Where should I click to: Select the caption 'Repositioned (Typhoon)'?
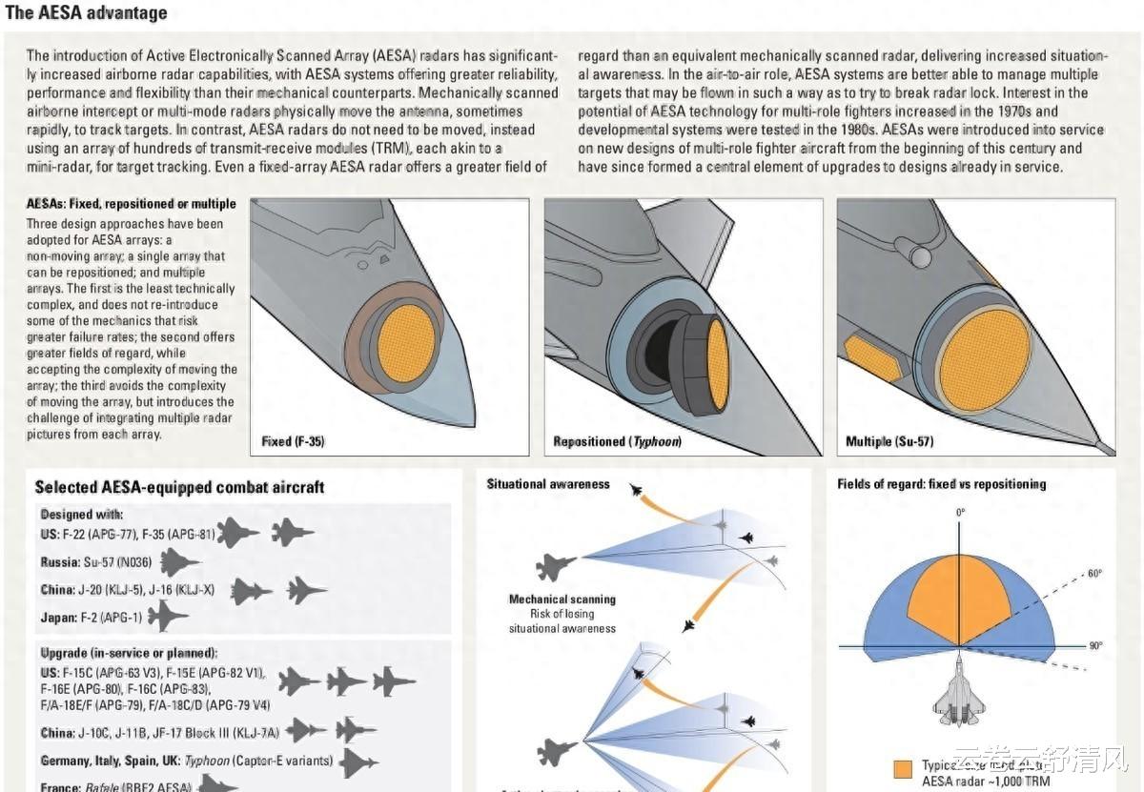point(617,442)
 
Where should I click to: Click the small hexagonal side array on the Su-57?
point(871,356)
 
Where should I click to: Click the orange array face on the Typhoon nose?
point(717,365)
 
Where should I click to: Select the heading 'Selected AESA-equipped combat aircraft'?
point(179,487)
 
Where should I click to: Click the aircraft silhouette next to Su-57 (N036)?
point(179,563)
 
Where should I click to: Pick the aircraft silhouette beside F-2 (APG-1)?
point(167,617)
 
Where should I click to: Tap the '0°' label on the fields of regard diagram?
point(961,513)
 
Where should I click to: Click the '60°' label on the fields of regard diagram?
point(1095,574)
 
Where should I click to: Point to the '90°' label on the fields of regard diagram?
point(1095,646)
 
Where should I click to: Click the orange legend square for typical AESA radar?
point(903,769)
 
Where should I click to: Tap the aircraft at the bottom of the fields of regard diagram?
point(961,694)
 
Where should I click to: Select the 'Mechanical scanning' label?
point(562,599)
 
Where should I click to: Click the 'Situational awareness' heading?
point(548,484)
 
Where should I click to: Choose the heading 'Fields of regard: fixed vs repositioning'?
point(941,484)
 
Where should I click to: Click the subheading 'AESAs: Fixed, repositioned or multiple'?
point(132,204)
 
